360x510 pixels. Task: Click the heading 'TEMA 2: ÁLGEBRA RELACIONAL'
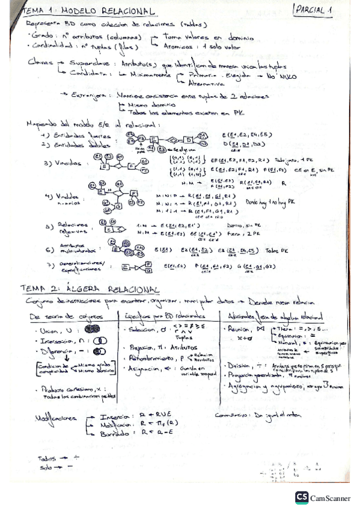[x=89, y=290]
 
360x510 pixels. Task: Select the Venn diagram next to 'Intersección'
[x=100, y=341]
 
